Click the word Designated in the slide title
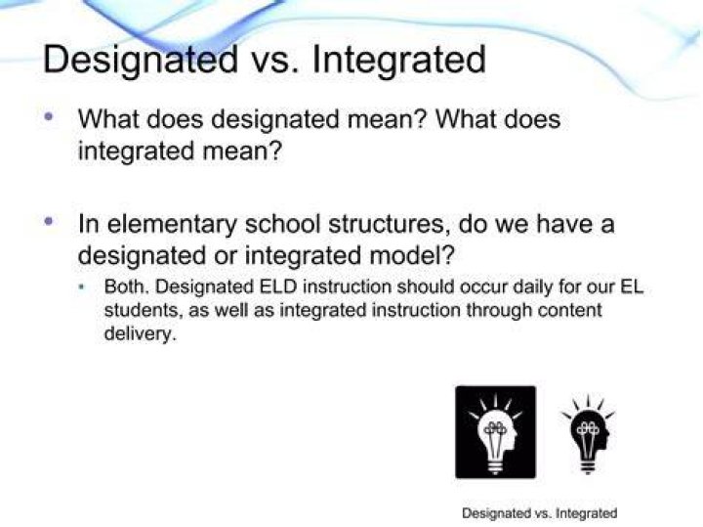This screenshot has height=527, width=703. pos(141,61)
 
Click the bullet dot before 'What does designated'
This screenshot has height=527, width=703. pos(49,117)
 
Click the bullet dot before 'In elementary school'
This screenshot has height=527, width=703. pos(49,221)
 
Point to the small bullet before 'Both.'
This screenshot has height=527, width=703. pos(82,286)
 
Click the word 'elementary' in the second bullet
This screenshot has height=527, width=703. pos(171,225)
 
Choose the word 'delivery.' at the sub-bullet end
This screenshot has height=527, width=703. pos(139,334)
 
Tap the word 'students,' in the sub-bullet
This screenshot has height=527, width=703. pos(143,311)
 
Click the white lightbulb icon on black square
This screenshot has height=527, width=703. pos(495,432)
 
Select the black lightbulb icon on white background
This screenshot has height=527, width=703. pos(588,434)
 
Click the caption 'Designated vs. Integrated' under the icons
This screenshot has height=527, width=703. pos(539,513)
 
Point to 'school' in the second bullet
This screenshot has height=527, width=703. pos(282,223)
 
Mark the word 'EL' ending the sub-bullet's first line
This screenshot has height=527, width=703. pos(632,286)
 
